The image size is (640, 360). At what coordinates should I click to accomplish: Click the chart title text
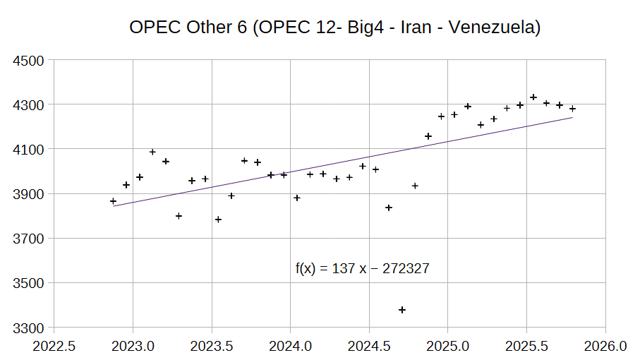click(x=334, y=28)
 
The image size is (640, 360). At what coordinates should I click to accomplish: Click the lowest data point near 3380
click(x=402, y=310)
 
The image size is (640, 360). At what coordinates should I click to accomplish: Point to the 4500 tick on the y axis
click(x=30, y=60)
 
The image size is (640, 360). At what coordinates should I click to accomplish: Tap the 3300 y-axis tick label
click(x=30, y=328)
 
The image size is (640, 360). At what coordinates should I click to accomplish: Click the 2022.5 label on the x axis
click(x=54, y=347)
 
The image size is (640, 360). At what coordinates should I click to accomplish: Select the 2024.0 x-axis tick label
click(x=290, y=347)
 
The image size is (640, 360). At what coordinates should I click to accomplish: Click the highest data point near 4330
click(x=533, y=97)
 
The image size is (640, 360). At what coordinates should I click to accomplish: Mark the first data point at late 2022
click(x=113, y=201)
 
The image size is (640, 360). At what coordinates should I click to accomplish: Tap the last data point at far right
click(x=572, y=109)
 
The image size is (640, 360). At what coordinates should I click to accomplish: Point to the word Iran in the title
click(x=411, y=28)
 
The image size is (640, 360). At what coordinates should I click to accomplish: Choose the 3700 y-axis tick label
click(x=30, y=239)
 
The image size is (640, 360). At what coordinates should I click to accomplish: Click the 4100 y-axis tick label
click(x=30, y=150)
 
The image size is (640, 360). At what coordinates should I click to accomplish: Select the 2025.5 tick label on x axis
click(x=526, y=347)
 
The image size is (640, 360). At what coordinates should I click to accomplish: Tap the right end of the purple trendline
click(x=572, y=118)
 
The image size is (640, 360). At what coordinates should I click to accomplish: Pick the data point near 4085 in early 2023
click(x=152, y=152)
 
